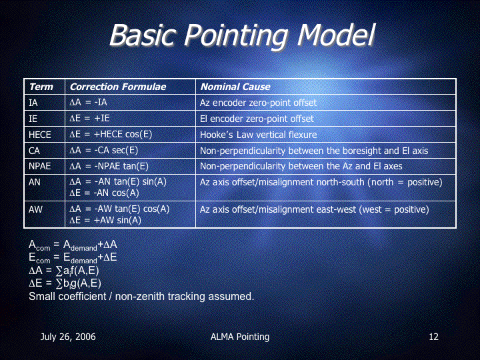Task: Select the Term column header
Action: click(41, 87)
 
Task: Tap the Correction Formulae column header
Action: click(118, 87)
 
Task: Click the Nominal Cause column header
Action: click(235, 87)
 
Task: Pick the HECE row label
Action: click(40, 135)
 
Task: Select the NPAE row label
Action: click(40, 166)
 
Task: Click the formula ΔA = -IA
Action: click(88, 102)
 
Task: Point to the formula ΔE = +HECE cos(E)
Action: click(111, 135)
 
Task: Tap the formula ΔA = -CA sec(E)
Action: click(104, 150)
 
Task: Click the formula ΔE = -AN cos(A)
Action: click(104, 193)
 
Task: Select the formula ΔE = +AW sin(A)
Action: click(105, 220)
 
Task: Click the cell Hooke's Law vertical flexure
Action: click(259, 135)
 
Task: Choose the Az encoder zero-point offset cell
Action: click(259, 103)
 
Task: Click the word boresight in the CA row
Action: click(346, 151)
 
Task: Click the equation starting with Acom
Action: click(73, 245)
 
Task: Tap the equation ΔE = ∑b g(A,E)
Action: click(65, 283)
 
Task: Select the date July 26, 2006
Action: click(68, 337)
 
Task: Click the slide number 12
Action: click(433, 337)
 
